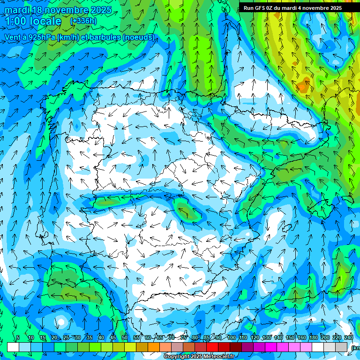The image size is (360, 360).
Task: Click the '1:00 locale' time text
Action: point(33,21)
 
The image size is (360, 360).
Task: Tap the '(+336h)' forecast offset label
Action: point(83,21)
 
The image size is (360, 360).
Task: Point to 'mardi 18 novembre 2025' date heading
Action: point(58,10)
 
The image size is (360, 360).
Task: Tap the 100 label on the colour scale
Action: point(232,337)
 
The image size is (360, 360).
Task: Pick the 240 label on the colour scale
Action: point(349,337)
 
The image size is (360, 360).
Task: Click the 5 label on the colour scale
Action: point(18,337)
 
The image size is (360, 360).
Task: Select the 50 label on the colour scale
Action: point(125,337)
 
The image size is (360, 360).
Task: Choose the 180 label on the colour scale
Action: point(312,337)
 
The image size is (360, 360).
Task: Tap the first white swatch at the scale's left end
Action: point(13,347)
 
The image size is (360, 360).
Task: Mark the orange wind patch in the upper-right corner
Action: point(302,86)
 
